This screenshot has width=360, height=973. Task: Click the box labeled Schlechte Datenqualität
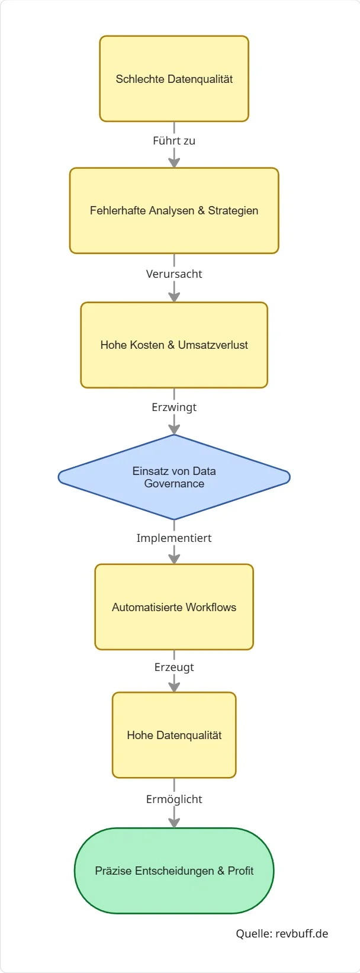click(x=174, y=79)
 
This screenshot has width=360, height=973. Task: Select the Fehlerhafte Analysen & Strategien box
click(x=174, y=211)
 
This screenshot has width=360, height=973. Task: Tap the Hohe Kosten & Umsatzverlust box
click(x=174, y=345)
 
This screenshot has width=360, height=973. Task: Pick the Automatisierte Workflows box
click(x=174, y=607)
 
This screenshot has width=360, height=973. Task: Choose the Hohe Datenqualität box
click(x=174, y=735)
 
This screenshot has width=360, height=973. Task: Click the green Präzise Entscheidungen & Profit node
click(x=174, y=871)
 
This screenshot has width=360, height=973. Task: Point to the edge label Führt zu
click(x=174, y=141)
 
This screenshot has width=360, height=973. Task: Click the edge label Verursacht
click(x=174, y=274)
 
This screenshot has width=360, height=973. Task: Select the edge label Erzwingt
click(x=174, y=407)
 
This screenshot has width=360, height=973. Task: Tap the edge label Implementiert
click(x=174, y=538)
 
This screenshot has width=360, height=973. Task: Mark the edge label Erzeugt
click(x=174, y=667)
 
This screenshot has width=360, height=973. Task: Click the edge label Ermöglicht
click(x=174, y=799)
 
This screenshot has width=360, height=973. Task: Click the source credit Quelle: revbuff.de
click(x=282, y=934)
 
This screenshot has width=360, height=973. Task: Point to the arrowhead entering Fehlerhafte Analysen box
click(x=174, y=162)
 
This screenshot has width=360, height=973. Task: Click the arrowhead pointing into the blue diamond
click(x=174, y=429)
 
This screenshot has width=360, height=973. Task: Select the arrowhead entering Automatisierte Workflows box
click(x=174, y=558)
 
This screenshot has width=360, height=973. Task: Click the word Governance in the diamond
click(x=174, y=484)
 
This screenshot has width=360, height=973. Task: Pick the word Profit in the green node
click(x=240, y=871)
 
